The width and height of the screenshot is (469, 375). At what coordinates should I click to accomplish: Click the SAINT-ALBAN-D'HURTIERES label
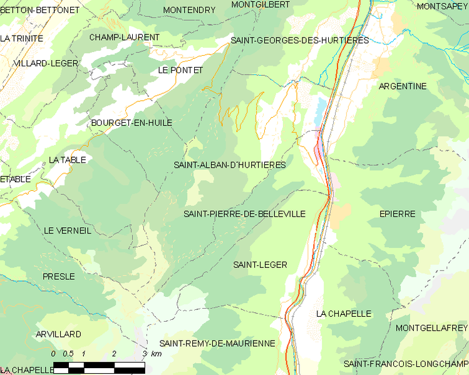229,165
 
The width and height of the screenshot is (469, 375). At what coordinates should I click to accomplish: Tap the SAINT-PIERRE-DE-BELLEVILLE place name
244,214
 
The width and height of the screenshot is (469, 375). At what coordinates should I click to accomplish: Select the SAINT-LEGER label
260,265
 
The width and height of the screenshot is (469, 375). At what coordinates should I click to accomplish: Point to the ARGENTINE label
403,86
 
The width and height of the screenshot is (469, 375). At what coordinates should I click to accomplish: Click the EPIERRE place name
397,214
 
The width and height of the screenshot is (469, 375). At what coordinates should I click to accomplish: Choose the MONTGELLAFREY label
431,328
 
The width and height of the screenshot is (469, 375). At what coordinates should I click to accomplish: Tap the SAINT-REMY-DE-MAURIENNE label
217,344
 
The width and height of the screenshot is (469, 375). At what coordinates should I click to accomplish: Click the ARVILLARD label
58,334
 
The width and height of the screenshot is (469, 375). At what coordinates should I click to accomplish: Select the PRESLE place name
58,276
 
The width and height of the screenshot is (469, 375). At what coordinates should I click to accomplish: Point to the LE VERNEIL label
67,230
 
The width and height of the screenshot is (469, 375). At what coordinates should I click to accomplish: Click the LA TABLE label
67,160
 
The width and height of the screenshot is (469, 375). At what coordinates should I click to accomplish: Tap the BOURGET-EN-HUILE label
131,123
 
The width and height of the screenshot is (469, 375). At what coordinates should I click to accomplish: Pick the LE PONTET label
180,70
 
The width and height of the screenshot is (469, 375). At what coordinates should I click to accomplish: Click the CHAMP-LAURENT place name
124,38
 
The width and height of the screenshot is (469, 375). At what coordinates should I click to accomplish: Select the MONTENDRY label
188,10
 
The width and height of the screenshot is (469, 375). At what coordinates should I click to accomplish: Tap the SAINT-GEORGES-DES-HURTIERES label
299,40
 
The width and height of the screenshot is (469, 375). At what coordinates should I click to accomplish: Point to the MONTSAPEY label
441,6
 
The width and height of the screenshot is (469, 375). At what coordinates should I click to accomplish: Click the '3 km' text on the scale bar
152,354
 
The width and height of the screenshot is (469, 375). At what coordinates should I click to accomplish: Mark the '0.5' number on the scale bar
68,354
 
